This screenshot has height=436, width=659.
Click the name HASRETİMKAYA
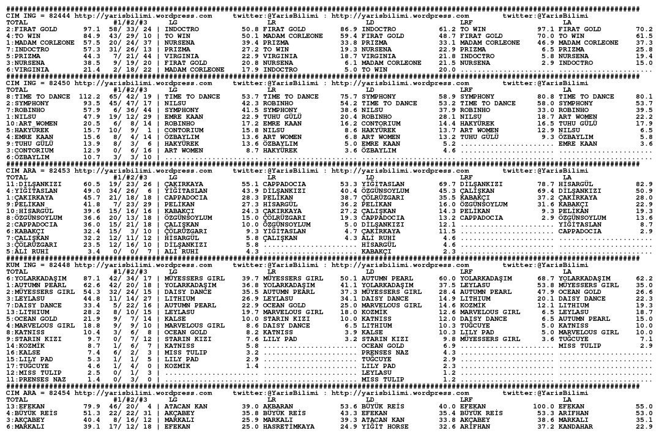[288, 426]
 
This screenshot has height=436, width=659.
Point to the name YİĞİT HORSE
[384, 426]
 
